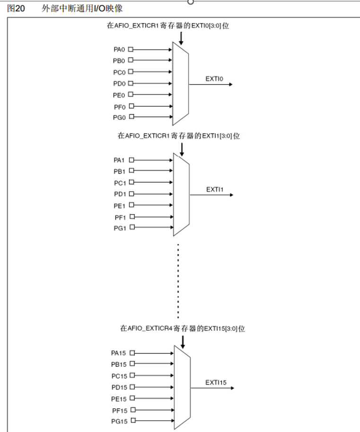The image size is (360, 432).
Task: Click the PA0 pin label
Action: [119, 49]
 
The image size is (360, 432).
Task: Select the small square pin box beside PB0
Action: [131, 60]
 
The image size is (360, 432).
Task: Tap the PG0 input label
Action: [119, 117]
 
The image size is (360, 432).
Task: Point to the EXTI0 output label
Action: [214, 79]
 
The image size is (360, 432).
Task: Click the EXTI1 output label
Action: [215, 189]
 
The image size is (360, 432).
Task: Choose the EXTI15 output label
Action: [216, 382]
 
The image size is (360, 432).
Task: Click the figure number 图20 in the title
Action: [16, 9]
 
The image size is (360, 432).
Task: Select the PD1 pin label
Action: [119, 194]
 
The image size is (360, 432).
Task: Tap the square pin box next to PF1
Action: [132, 216]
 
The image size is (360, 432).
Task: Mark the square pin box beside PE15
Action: [132, 398]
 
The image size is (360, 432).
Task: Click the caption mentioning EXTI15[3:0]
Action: [182, 328]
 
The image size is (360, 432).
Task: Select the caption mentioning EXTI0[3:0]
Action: [168, 26]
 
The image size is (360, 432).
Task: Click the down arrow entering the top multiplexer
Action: [181, 38]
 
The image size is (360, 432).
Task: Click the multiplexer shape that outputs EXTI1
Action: [182, 194]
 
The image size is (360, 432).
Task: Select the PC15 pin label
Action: [118, 376]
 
